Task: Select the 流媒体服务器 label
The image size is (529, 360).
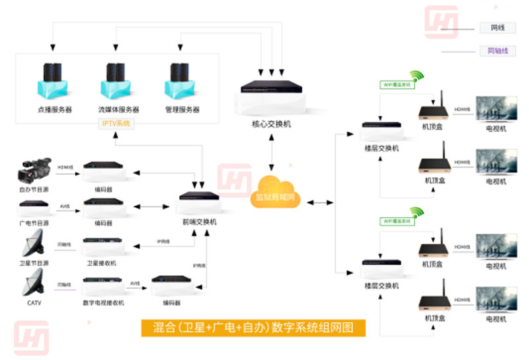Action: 118,110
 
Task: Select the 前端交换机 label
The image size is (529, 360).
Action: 200,222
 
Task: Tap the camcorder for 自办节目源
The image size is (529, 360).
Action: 35,169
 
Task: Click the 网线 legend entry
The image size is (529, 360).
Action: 497,28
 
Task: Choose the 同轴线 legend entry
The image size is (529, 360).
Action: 497,51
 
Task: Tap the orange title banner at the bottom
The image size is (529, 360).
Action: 253,328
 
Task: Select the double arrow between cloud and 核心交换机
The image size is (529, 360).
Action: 272,152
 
